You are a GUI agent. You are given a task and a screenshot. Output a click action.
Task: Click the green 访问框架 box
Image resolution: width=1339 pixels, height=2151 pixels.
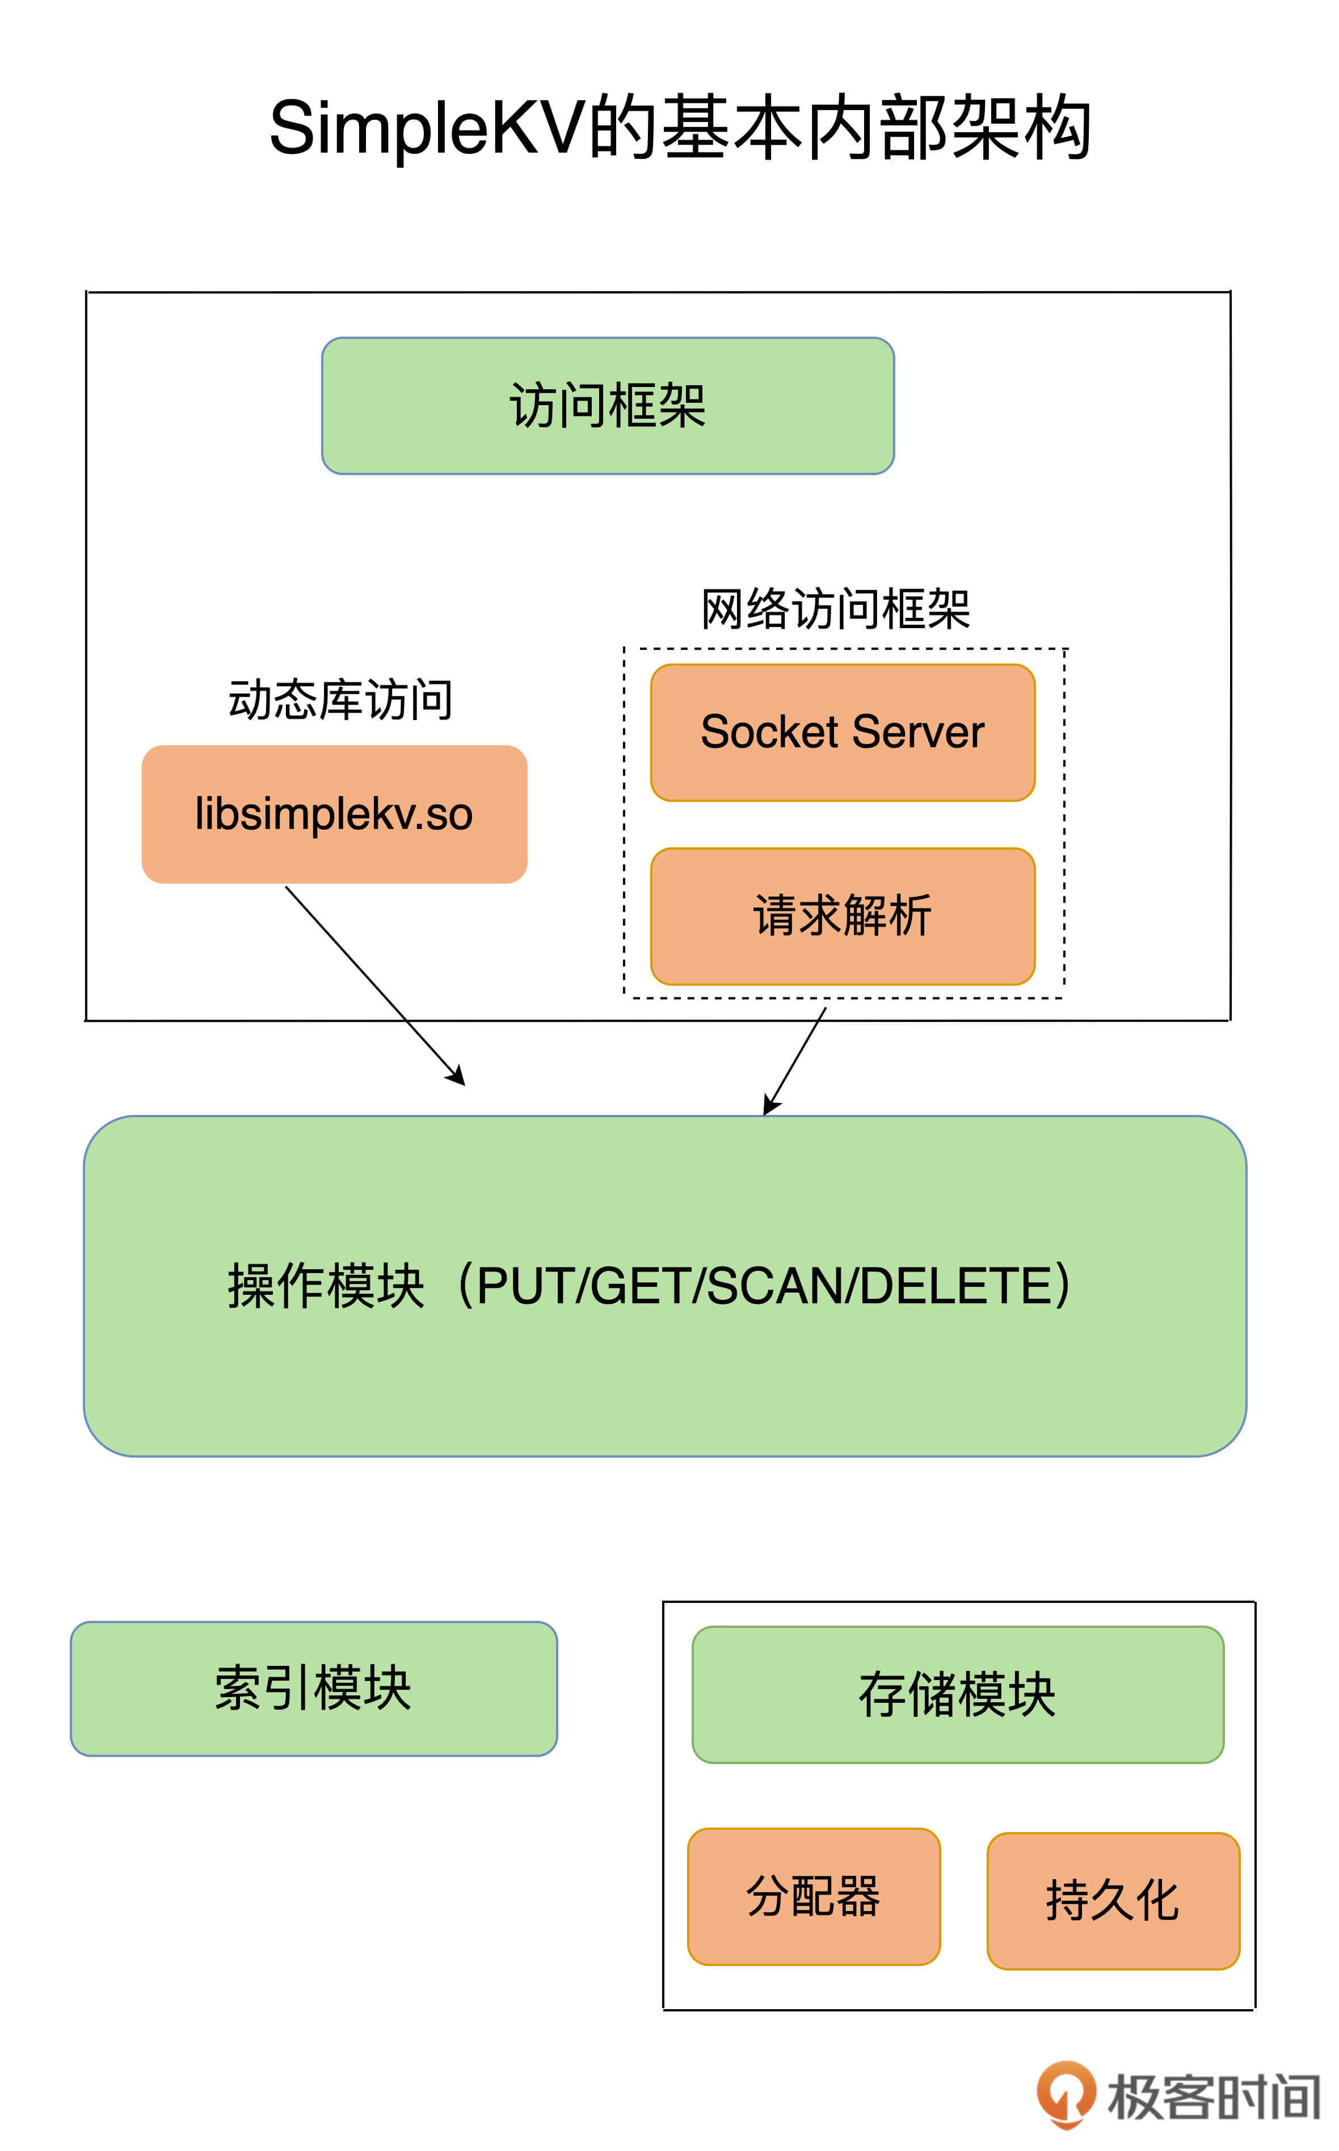click(x=608, y=406)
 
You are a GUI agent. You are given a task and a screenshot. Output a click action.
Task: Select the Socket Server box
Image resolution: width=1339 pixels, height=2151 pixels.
click(x=842, y=733)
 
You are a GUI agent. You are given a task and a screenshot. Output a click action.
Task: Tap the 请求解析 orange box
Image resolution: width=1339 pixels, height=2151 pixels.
click(x=842, y=916)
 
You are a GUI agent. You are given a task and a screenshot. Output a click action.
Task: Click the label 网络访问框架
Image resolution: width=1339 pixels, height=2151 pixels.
click(x=835, y=609)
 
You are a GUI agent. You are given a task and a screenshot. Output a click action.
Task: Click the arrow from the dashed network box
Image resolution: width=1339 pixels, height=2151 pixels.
click(x=795, y=1060)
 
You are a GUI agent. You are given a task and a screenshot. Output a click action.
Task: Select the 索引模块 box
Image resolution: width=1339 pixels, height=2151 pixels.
click(x=314, y=1689)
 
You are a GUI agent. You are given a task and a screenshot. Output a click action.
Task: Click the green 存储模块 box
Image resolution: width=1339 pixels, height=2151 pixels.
click(x=957, y=1695)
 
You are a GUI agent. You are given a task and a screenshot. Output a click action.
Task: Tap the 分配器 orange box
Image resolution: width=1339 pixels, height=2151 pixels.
click(x=813, y=1896)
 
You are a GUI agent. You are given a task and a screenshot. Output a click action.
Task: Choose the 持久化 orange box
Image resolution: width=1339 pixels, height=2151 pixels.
click(x=1112, y=1900)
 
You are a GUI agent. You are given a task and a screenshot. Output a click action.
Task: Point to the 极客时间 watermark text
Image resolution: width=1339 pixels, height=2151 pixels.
click(x=1213, y=2097)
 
